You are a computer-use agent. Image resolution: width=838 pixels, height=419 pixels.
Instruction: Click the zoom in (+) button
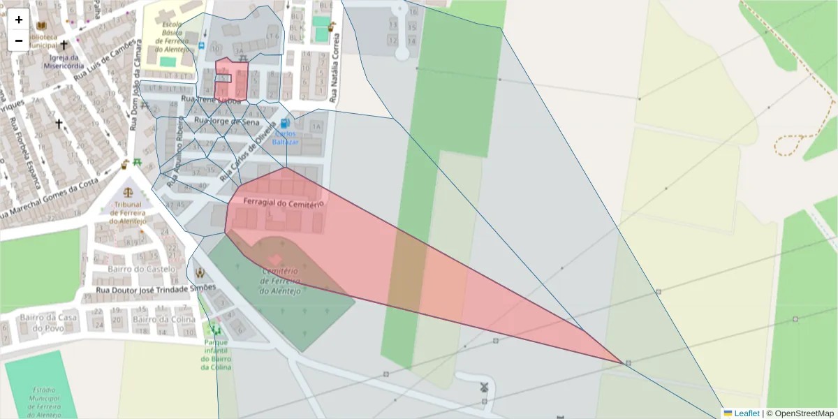click(19, 20)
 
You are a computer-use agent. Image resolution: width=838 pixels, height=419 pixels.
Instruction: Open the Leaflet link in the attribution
click(746, 413)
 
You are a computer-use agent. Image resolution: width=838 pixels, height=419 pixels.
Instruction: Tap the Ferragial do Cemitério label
click(283, 203)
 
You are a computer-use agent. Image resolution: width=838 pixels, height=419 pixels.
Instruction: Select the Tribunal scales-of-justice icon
click(128, 191)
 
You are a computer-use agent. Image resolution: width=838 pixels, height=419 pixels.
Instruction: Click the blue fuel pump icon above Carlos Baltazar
click(285, 124)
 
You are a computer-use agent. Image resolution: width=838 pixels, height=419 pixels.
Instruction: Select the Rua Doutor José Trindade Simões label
click(156, 287)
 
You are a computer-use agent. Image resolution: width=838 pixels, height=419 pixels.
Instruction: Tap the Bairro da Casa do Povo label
click(49, 322)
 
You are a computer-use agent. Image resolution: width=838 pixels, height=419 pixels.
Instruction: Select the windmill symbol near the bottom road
click(484, 385)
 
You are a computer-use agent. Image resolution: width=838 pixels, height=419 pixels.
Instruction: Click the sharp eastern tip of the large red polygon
click(622, 363)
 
